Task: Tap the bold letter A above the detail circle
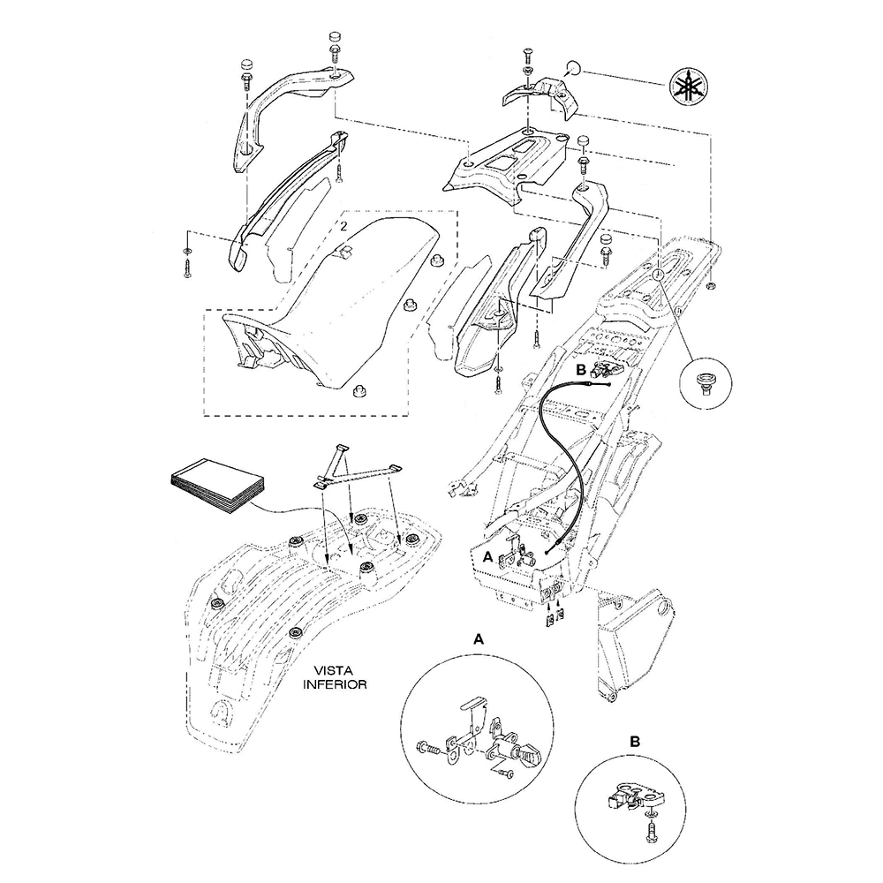tap(478, 638)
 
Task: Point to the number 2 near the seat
tap(342, 226)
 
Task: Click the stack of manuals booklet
tap(215, 486)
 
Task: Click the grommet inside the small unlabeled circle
tap(705, 382)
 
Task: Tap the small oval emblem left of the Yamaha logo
tap(572, 66)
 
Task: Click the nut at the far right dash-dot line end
tap(712, 288)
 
